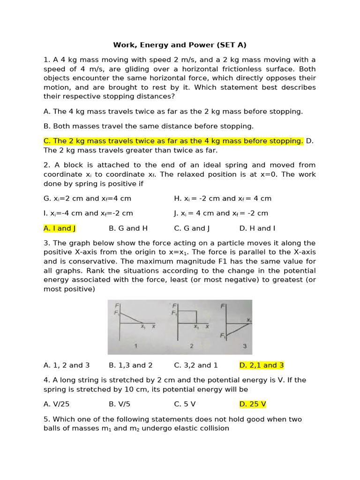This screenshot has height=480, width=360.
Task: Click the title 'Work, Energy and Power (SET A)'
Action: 180,45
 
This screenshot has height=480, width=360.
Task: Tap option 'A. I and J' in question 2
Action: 60,228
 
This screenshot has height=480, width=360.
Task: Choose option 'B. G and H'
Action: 128,228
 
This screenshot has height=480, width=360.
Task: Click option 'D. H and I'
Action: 257,228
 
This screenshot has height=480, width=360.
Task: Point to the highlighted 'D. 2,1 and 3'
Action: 262,365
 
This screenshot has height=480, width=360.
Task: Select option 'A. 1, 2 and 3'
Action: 67,365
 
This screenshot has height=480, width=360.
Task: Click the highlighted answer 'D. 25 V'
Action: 253,404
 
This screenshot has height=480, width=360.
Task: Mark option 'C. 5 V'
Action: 185,404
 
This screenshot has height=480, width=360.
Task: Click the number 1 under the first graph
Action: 135,346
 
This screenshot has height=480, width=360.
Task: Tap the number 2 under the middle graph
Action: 191,346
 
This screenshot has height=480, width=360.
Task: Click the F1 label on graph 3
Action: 222,336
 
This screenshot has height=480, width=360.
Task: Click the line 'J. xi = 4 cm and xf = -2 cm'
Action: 221,213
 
